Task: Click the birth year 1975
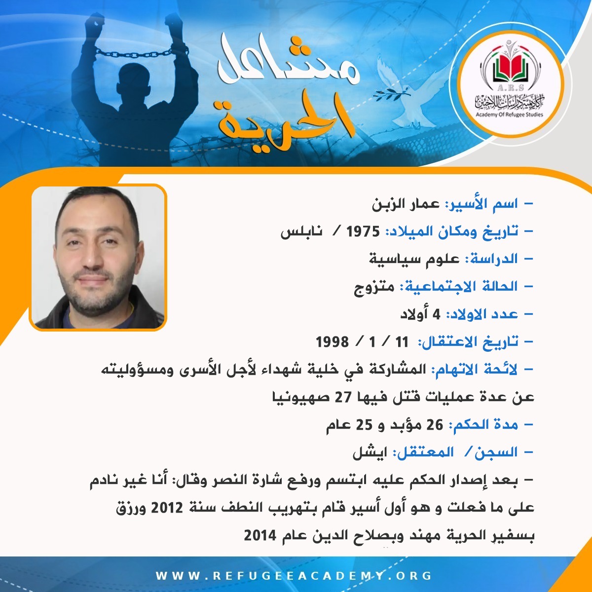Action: tap(363, 232)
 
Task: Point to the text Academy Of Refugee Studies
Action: tap(509, 114)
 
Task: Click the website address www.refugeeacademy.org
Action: tap(294, 575)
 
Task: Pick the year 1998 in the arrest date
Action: tap(333, 341)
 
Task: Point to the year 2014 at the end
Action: tap(260, 535)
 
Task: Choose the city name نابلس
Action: tap(301, 232)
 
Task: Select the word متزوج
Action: tap(374, 288)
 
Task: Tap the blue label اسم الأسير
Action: tap(481, 204)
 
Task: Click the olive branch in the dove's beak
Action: tap(392, 93)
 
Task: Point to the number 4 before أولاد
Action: tap(436, 314)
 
